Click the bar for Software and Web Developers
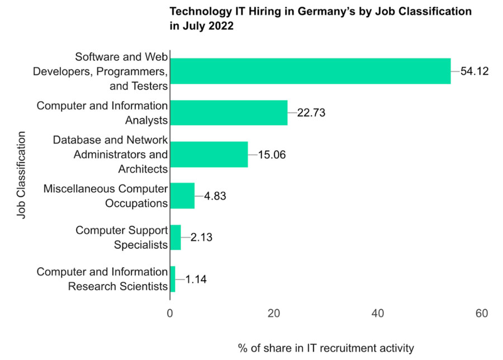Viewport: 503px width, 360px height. [x=310, y=71]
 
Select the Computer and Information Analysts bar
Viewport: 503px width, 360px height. [x=229, y=112]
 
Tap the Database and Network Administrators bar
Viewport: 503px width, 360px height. [x=208, y=154]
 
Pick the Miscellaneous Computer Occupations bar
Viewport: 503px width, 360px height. [x=182, y=196]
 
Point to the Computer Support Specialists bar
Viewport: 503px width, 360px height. [x=175, y=237]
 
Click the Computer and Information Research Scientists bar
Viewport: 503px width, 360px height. [x=173, y=279]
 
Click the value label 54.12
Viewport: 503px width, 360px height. [x=474, y=71]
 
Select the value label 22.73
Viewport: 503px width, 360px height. [x=311, y=112]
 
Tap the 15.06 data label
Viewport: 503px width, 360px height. [x=272, y=154]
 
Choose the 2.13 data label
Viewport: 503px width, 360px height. [x=201, y=237]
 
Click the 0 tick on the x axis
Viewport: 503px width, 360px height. [x=170, y=314]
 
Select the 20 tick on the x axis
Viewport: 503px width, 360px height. [x=274, y=314]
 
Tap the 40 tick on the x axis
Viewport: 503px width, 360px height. [x=378, y=314]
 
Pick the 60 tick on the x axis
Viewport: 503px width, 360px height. [x=482, y=314]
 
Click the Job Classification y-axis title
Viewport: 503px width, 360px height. [x=21, y=175]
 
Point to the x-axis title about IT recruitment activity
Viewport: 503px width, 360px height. [x=326, y=348]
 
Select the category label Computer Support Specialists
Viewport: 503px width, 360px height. [x=121, y=237]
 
